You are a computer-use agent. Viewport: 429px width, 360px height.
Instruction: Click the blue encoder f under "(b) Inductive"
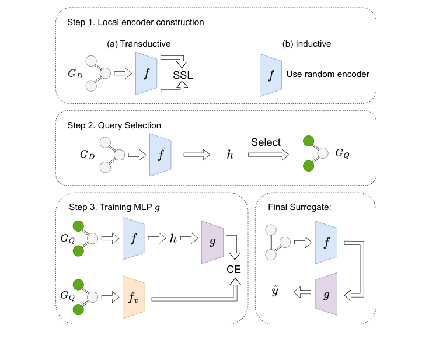coord(270,74)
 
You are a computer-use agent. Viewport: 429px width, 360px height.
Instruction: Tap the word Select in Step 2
coord(266,142)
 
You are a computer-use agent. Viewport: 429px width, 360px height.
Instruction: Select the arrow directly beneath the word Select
coord(268,155)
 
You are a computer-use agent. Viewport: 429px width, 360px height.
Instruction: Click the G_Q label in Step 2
coord(343,155)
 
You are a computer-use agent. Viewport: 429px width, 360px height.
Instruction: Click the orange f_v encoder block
coord(133,297)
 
